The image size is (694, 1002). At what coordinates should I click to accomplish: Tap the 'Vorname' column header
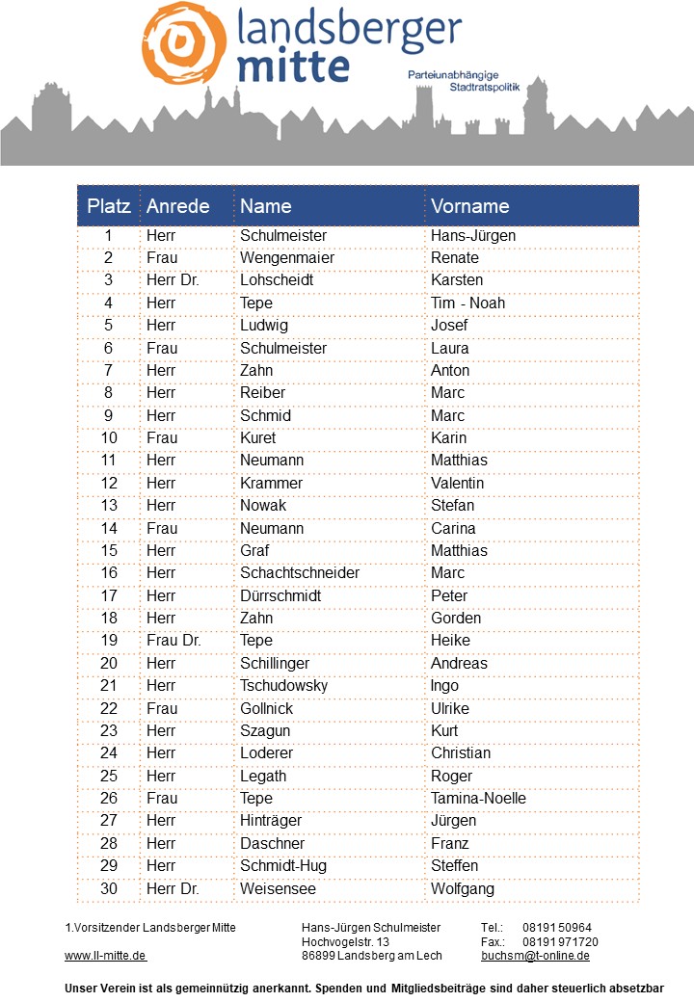pos(469,206)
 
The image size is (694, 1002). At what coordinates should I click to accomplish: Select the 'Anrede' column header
pos(178,206)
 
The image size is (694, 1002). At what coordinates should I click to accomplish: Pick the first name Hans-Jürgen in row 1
pos(473,236)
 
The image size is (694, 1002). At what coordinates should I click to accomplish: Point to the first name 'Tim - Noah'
pos(467,303)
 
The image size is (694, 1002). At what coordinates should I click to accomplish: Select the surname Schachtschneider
pos(300,573)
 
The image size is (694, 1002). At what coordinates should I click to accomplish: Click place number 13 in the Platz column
pos(109,506)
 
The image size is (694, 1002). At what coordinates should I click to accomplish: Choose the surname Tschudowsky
pos(283,686)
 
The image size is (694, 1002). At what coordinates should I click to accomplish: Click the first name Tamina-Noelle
pos(478,799)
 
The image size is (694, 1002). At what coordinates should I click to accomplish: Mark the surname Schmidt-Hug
pos(283,866)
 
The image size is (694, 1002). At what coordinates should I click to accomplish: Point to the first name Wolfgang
pos(463,888)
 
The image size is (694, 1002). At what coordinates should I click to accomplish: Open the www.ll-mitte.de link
pos(105,956)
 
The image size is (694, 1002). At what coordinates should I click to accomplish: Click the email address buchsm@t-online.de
pos(535,956)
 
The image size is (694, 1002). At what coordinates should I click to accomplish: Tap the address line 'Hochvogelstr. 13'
pos(345,941)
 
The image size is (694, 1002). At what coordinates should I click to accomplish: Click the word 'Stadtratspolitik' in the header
pos(484,88)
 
